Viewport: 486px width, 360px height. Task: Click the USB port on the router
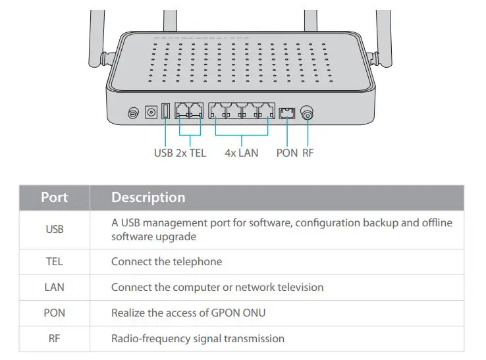(165, 112)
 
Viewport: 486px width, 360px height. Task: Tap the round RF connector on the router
(307, 114)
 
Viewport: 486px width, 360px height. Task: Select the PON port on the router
(286, 113)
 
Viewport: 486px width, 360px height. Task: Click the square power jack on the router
(151, 113)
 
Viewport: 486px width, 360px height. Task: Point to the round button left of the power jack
(134, 113)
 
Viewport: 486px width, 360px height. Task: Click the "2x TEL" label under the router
(191, 153)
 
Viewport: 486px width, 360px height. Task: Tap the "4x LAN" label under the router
(241, 153)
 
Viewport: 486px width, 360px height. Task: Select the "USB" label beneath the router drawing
(163, 153)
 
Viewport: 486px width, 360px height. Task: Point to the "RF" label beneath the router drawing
(308, 153)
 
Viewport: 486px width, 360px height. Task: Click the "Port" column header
(55, 197)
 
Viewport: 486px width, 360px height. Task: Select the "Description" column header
(148, 197)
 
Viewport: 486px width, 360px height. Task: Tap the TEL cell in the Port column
(55, 261)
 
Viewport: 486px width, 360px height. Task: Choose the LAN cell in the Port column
(55, 287)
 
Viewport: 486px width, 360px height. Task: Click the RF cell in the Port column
(55, 338)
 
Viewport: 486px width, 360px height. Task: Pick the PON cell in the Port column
(55, 313)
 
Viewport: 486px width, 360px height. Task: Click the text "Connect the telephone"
(167, 261)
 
